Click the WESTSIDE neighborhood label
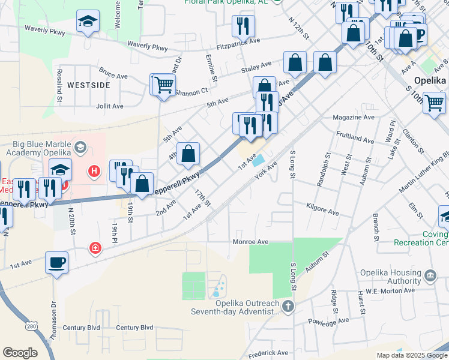(88, 85)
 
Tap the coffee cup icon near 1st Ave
(56, 263)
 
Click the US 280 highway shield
(31, 326)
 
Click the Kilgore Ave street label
(323, 213)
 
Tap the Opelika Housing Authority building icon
(430, 276)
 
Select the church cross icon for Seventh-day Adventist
(288, 308)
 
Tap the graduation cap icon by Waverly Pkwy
(88, 22)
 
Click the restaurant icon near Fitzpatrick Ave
(243, 26)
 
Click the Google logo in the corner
(20, 352)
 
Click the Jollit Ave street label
(109, 106)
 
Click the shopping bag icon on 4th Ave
(188, 153)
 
